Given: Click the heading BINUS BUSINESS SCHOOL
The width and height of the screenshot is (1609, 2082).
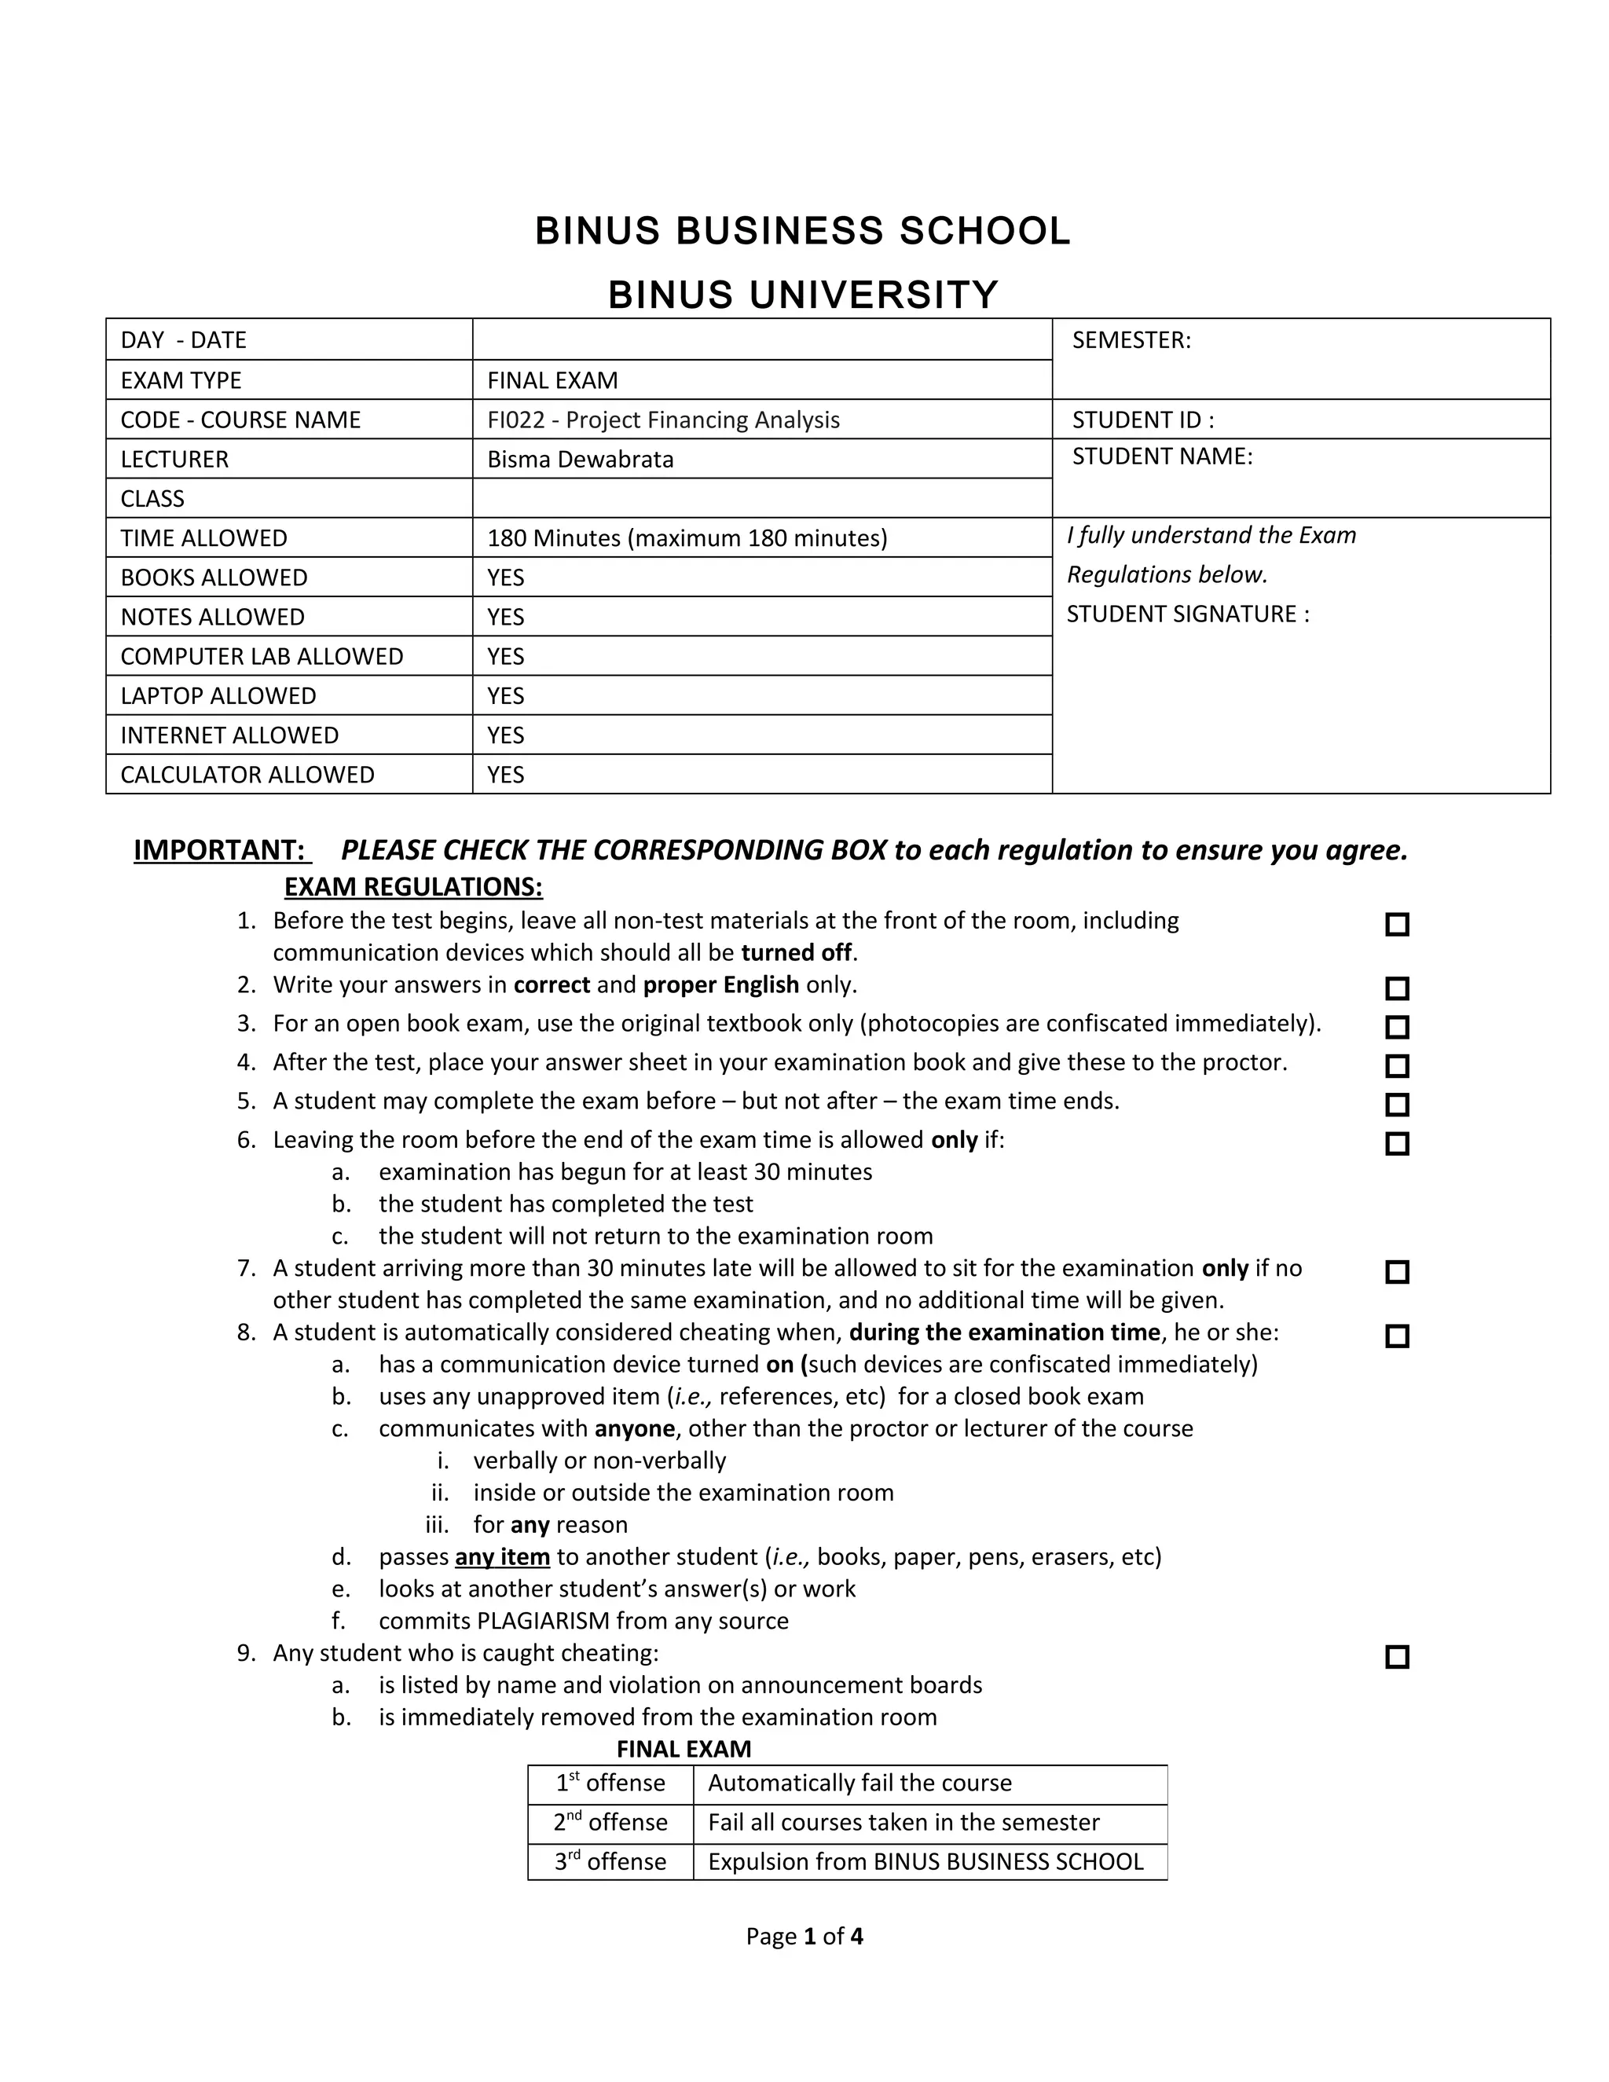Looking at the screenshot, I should [803, 232].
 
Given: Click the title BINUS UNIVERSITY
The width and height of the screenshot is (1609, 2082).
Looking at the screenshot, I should [803, 295].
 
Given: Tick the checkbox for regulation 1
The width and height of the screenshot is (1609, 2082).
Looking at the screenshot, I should [1396, 925].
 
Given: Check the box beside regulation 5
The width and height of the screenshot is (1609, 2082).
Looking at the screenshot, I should [1396, 1105].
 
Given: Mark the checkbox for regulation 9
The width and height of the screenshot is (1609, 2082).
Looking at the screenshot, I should [1396, 1657].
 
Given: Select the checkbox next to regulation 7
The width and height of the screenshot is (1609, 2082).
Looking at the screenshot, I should [1396, 1272].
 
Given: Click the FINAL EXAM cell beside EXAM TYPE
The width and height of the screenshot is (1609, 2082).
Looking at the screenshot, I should [553, 380].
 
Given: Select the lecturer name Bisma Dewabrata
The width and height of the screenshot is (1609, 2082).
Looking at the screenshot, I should [580, 460].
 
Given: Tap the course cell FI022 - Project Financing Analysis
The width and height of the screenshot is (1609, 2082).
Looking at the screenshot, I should [663, 420].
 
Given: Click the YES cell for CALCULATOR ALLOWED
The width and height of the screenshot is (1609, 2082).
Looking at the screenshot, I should [506, 774].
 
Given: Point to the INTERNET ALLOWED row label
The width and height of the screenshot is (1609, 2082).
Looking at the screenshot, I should [229, 735].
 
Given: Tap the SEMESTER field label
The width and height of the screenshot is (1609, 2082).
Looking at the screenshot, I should [1131, 340].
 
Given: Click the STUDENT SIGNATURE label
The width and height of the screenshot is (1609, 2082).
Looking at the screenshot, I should [1188, 614].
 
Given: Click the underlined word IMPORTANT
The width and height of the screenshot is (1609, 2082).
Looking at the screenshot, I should [219, 849].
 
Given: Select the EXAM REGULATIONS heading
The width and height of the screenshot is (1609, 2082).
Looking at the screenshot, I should [414, 886].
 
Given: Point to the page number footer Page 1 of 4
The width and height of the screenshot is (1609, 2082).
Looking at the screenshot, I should [804, 1936].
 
